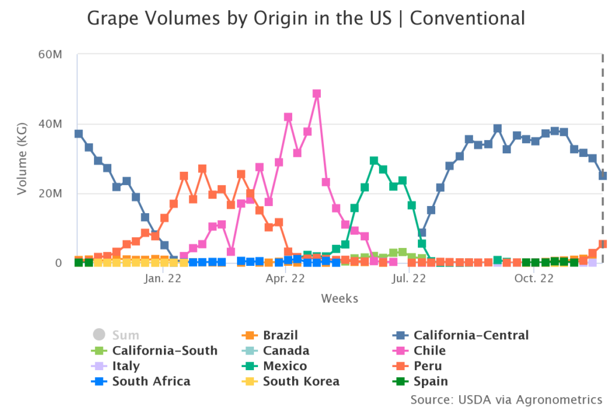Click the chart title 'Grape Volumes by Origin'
(x=306, y=18)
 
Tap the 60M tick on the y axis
(x=50, y=54)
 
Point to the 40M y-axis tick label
(x=50, y=124)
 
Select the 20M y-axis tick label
(x=50, y=193)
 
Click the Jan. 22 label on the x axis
(x=163, y=278)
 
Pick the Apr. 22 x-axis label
(x=286, y=278)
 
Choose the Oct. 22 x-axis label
(x=534, y=278)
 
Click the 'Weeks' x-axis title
(x=339, y=298)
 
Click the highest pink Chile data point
(x=317, y=94)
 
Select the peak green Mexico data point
(x=374, y=160)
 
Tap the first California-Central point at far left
(x=78, y=134)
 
